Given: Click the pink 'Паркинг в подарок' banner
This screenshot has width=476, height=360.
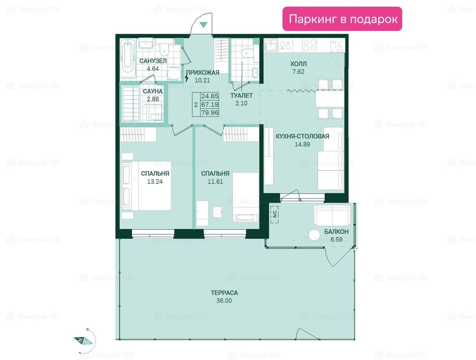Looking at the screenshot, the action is click(x=342, y=19).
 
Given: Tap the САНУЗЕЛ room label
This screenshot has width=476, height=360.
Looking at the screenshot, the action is click(x=153, y=61).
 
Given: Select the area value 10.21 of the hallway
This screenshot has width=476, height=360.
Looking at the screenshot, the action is click(x=202, y=80).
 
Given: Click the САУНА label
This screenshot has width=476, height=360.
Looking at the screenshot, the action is click(x=153, y=91).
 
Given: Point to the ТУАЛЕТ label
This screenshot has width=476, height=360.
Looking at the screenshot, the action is click(x=241, y=96).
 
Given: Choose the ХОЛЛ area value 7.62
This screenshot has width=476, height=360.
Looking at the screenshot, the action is click(x=298, y=71).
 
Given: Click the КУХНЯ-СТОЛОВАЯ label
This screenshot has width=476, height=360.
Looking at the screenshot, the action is click(x=302, y=136).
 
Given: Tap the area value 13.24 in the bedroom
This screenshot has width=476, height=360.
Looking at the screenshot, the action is click(x=155, y=181).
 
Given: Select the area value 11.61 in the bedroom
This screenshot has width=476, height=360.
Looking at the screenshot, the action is click(x=215, y=181).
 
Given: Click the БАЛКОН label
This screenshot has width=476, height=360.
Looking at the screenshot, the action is click(x=336, y=232).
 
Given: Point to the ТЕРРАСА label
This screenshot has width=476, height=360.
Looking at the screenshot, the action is click(x=224, y=293).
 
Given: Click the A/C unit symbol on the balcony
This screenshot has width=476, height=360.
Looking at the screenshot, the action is click(x=275, y=214).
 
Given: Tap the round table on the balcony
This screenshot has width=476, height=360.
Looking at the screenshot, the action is click(x=314, y=235).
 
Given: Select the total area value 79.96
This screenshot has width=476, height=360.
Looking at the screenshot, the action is click(x=210, y=112).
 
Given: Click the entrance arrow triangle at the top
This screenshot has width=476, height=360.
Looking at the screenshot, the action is click(x=203, y=25).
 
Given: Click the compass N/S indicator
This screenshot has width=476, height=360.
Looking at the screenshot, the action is click(x=83, y=341).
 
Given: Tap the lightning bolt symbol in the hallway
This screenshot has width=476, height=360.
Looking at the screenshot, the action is click(x=186, y=78).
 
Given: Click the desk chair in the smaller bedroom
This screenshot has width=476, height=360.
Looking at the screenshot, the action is click(x=217, y=212).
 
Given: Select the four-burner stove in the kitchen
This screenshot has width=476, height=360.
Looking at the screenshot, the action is click(x=310, y=45).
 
